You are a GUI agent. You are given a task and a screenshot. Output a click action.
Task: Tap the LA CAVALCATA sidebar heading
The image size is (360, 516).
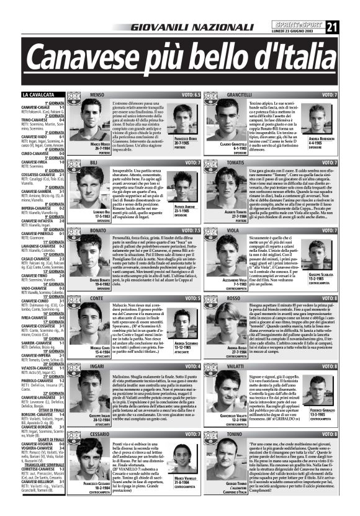click(x=43, y=95)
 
